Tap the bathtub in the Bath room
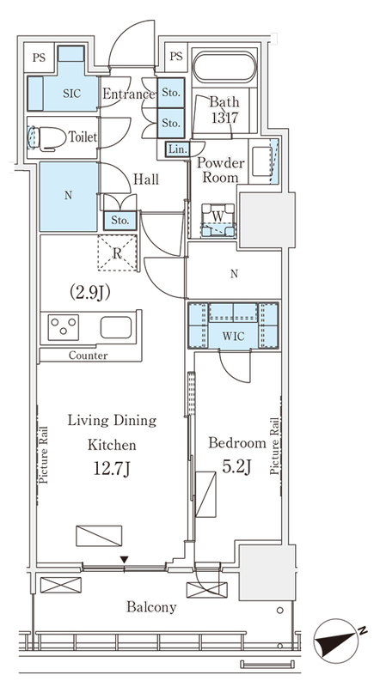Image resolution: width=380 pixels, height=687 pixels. click(224, 67)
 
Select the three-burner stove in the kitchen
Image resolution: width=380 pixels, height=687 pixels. click(63, 327)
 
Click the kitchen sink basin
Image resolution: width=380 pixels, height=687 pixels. click(116, 327)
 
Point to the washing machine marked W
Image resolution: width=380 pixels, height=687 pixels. click(218, 221)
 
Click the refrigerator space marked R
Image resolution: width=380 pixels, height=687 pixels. click(117, 253)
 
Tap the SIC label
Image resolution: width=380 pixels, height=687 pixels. click(72, 94)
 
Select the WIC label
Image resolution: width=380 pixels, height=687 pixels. click(234, 337)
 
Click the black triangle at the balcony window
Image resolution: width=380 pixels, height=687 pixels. click(125, 560)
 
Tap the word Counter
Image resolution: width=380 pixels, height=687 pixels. click(88, 356)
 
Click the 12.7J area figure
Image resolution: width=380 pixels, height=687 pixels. click(112, 469)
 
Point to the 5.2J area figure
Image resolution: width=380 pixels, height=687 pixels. click(237, 467)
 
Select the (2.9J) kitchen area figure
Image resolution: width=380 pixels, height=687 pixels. click(89, 293)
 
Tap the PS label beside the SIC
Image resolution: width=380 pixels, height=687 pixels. click(39, 58)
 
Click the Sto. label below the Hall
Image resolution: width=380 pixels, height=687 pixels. click(120, 221)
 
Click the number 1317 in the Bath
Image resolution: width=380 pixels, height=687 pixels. click(224, 118)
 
